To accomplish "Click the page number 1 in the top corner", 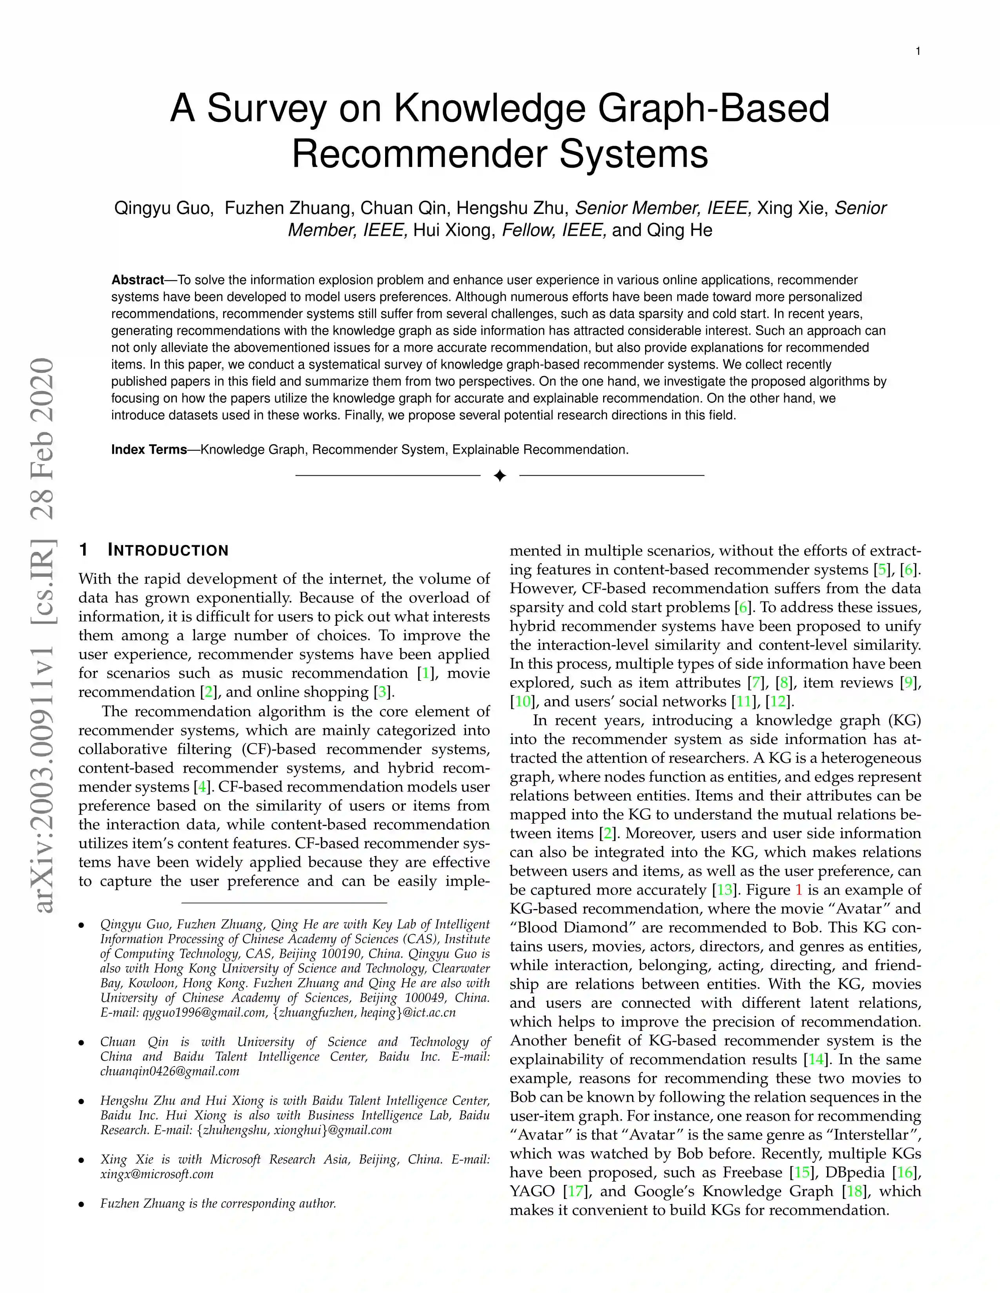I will click(x=918, y=51).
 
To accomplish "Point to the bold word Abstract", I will click(x=137, y=280).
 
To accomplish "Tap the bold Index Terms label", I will click(x=149, y=449).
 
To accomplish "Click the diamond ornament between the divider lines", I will click(x=499, y=475).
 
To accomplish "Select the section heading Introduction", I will click(x=168, y=550).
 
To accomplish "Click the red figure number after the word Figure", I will click(x=798, y=890).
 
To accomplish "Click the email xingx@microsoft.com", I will click(x=156, y=1174).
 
